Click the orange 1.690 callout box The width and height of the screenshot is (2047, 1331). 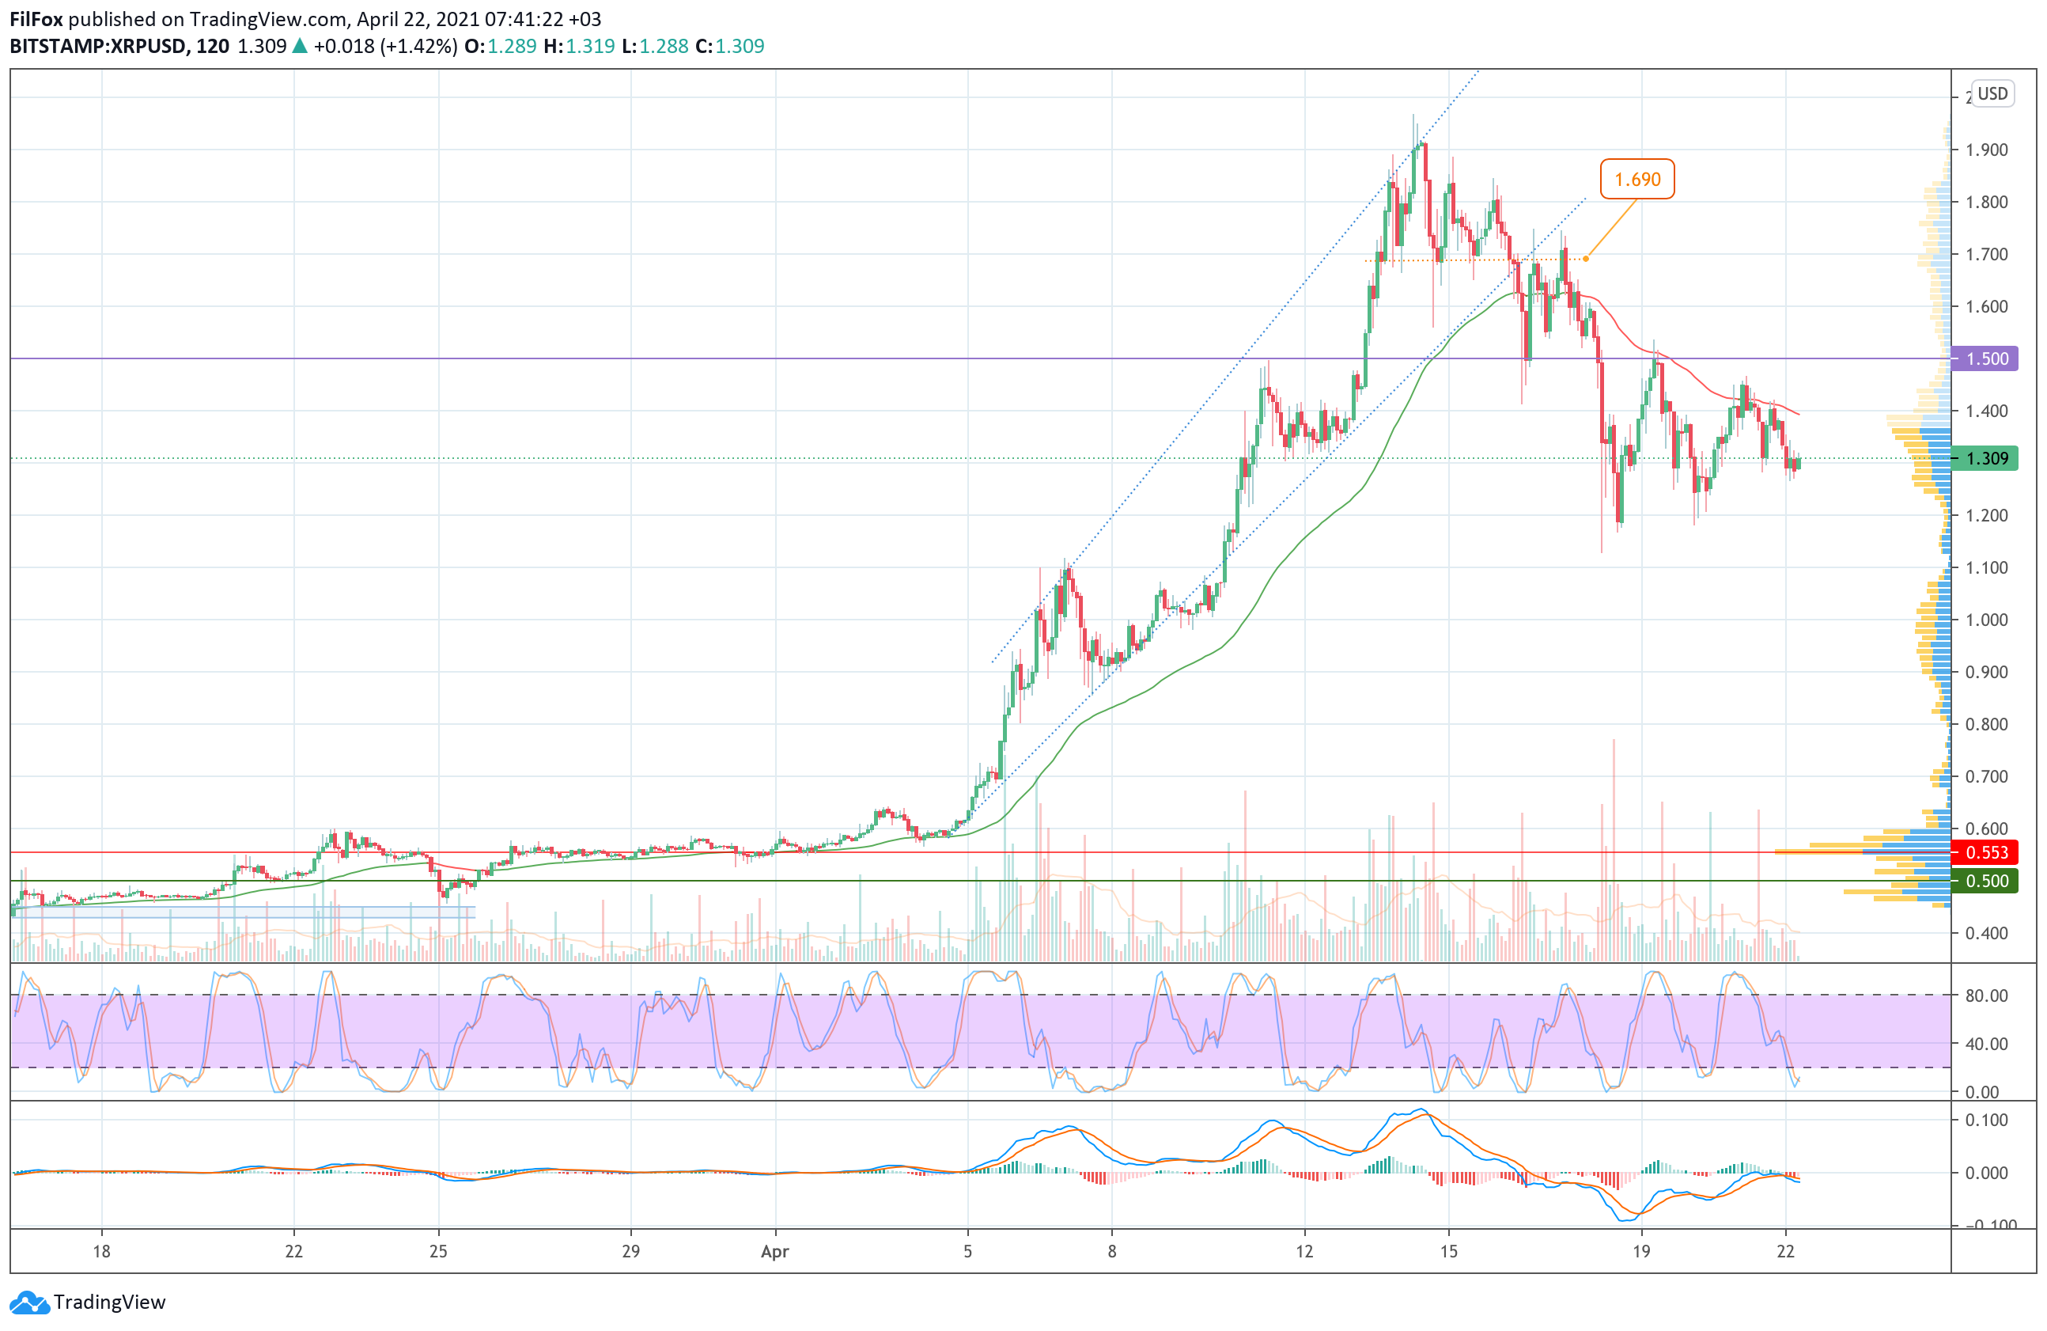click(1636, 179)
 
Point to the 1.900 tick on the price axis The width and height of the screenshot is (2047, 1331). click(1986, 150)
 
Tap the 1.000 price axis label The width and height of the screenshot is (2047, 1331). click(1986, 620)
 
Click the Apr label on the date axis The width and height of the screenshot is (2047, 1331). click(774, 1252)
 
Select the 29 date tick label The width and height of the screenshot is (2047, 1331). click(630, 1251)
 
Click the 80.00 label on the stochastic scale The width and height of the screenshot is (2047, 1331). click(1986, 995)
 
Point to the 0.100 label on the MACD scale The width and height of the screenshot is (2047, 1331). click(1986, 1121)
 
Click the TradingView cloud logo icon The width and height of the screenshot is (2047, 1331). click(29, 1303)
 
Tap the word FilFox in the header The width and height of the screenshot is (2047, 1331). click(36, 19)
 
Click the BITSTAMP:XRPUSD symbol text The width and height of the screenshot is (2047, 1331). click(97, 47)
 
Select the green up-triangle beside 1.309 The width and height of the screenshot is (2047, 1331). click(299, 47)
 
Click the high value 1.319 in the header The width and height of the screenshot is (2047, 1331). click(590, 47)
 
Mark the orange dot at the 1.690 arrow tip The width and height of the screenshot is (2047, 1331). click(1585, 259)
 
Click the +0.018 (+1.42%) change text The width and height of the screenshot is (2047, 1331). click(384, 47)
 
